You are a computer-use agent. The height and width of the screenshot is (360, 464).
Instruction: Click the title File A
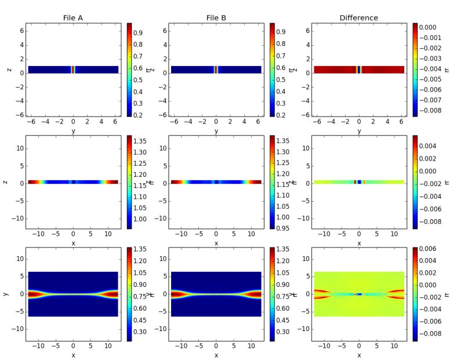click(73, 18)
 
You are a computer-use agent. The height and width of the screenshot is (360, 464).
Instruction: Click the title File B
click(216, 18)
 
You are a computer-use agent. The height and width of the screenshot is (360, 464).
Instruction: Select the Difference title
click(358, 18)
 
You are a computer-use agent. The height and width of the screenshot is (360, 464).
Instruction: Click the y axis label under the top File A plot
click(73, 132)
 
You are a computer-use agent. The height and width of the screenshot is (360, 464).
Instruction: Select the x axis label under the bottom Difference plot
click(358, 355)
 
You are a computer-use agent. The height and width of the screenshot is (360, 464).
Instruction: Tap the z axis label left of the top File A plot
click(9, 70)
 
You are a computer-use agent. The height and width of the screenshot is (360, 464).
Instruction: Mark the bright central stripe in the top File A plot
click(73, 70)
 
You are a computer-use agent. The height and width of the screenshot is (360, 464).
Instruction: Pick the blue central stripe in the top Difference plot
click(358, 70)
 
